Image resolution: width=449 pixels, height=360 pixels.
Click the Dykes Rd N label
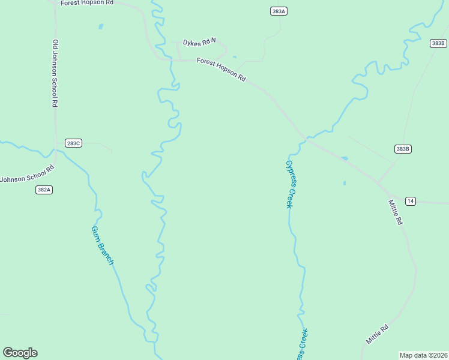coord(199,43)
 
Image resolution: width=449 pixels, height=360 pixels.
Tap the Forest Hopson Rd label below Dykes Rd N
coord(221,69)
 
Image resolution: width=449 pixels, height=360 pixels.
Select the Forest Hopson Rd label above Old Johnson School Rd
coord(87,3)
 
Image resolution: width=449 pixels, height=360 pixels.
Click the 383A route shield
coord(278,11)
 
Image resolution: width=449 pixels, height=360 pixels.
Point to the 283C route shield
coord(73,143)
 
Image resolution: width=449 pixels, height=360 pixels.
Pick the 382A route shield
coord(44,190)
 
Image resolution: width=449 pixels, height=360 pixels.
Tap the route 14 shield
coord(410,200)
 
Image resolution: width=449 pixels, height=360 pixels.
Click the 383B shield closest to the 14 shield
coord(403,149)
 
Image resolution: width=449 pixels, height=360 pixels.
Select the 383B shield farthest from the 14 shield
coord(438,43)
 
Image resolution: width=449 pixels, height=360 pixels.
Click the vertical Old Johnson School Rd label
coord(55,73)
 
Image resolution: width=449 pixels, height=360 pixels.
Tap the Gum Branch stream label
coord(102,245)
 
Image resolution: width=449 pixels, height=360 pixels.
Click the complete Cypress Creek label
coord(291,184)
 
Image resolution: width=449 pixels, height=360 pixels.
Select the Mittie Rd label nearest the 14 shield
coord(395,212)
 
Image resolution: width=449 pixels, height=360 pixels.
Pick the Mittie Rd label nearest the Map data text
coord(378,334)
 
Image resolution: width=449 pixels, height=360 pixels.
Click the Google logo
coord(20,353)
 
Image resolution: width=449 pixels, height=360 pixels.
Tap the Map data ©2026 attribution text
coord(424,355)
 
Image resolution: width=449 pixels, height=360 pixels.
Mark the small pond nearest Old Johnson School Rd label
coord(101,26)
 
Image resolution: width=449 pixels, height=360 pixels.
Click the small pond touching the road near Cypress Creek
coord(344,158)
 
